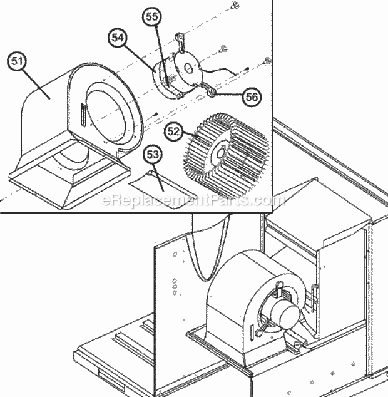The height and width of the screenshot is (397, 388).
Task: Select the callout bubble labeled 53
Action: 152,153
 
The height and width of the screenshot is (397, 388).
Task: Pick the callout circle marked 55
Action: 153,18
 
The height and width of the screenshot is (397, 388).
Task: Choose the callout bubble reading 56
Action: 250,96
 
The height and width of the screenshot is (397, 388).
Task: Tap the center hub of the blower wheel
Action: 220,152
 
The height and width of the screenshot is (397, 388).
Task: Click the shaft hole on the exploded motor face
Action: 185,70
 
